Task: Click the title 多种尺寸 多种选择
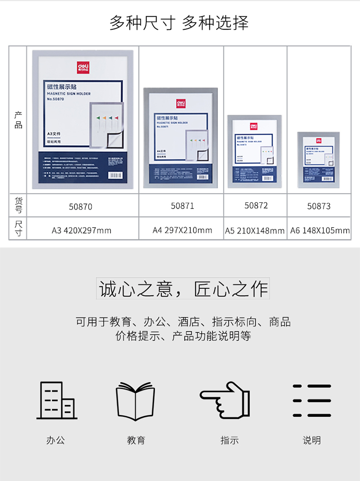[x=180, y=23]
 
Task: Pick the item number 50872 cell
[x=256, y=205]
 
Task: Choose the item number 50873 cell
[x=319, y=206]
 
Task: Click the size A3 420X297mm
[x=82, y=230]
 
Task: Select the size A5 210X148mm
[x=255, y=231]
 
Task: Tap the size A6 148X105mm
[x=320, y=231]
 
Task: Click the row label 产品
[x=18, y=120]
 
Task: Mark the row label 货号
[x=18, y=205]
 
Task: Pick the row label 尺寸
[x=18, y=228]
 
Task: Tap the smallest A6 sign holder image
[x=318, y=160]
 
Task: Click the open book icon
[x=136, y=401]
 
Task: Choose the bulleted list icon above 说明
[x=312, y=400]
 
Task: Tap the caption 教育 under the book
[x=136, y=440]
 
